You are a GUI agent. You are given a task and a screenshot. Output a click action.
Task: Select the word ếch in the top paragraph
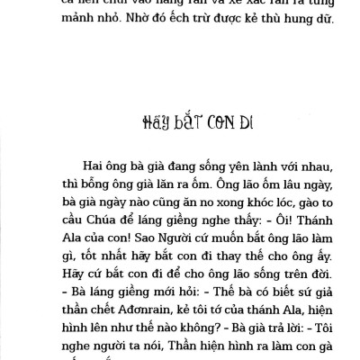(165, 40)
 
